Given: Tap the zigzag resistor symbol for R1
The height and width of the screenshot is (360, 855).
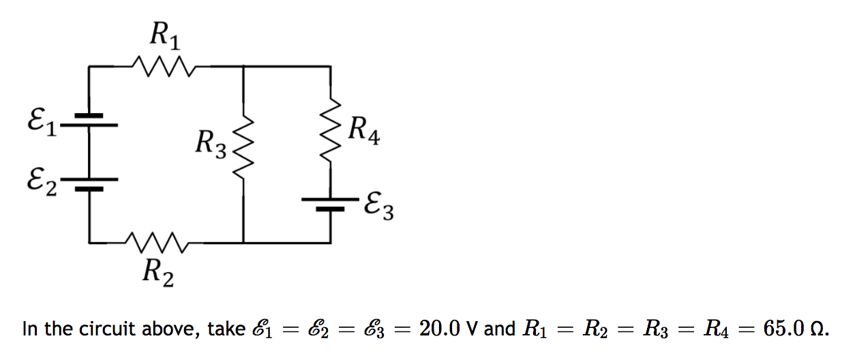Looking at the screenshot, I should (164, 67).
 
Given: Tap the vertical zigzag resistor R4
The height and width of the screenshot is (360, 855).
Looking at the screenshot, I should (331, 130).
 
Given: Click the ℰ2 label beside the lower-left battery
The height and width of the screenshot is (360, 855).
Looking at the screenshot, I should (43, 183).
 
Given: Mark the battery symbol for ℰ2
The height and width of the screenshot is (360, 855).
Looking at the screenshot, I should (89, 183).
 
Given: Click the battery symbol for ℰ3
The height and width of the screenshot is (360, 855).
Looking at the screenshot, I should (331, 205).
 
